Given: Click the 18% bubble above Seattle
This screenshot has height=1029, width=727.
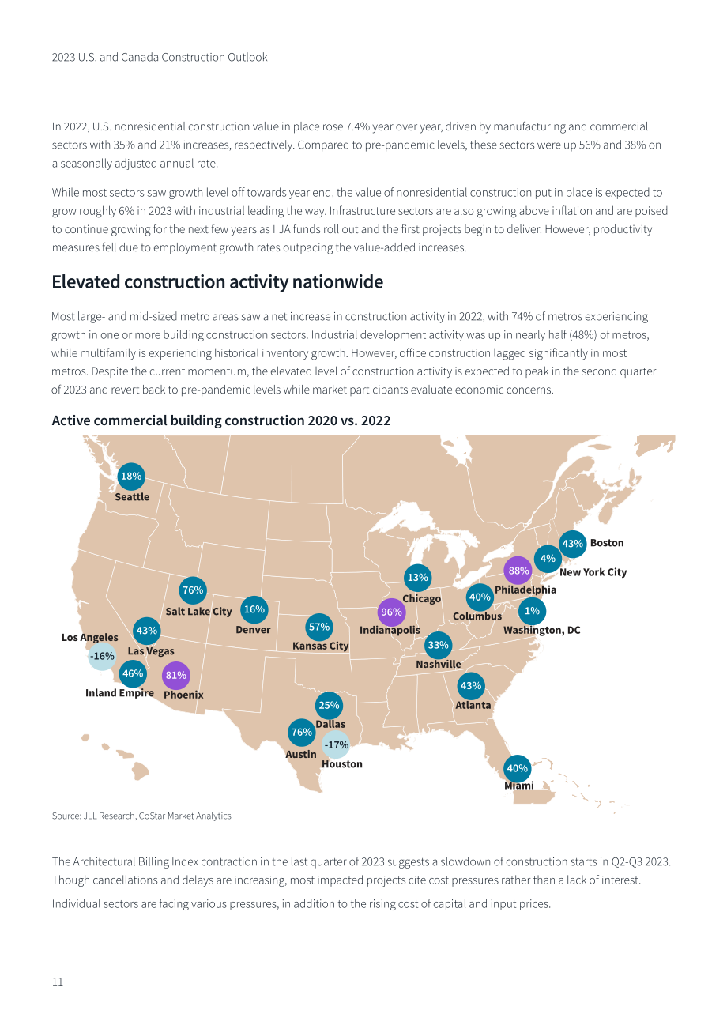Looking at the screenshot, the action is (131, 477).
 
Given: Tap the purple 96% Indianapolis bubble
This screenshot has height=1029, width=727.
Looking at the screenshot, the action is (391, 612).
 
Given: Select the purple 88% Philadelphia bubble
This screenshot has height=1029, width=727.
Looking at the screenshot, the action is (518, 571).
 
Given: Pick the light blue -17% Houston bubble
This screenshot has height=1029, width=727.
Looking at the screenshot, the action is (336, 744).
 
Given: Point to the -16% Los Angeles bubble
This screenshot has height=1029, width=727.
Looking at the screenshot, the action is (101, 656).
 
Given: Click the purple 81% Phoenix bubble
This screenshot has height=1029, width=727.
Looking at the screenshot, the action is (176, 675).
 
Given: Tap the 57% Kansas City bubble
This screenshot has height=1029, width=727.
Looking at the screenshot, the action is (319, 627).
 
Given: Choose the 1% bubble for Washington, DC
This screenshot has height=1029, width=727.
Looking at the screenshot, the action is (532, 611).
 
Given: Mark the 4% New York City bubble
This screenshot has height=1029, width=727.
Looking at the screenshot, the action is (548, 559).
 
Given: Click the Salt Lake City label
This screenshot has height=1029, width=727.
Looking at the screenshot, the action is (198, 612).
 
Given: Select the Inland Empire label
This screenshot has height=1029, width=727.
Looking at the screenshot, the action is (119, 693).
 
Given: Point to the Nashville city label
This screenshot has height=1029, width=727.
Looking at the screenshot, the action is (438, 664).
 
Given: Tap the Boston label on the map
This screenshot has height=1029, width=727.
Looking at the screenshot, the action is (607, 543).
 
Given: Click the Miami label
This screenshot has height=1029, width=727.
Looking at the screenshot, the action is (519, 786).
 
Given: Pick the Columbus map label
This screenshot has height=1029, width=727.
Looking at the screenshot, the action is (477, 616).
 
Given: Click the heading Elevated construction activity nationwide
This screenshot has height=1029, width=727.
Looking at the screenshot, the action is (217, 282).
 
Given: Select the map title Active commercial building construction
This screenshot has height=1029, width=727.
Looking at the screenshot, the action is (221, 420).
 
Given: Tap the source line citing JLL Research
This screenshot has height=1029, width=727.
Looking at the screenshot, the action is (141, 816).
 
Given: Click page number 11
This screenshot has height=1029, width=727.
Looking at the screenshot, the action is (58, 982).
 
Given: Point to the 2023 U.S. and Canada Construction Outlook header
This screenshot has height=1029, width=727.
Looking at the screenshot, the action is (160, 57).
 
